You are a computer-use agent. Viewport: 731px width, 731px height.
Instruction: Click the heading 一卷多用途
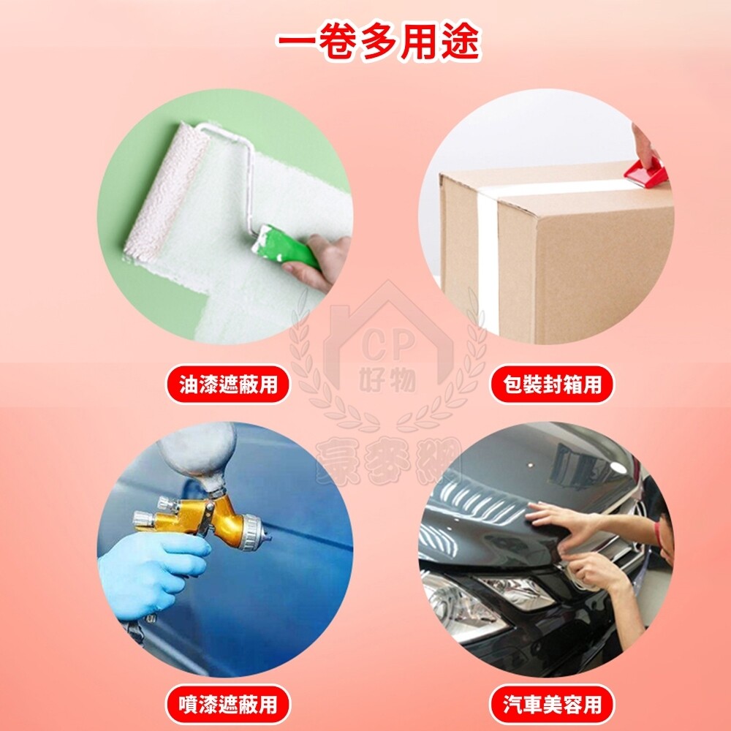click(378, 42)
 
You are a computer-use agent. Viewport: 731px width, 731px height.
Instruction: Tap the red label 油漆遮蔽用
click(228, 385)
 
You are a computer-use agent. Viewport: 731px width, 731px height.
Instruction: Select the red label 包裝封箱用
click(552, 385)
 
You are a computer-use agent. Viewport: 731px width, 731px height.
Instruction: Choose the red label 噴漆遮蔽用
click(228, 704)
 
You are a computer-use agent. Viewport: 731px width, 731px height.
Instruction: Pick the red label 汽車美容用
click(552, 704)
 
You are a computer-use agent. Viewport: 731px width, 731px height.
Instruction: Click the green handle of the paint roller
click(284, 247)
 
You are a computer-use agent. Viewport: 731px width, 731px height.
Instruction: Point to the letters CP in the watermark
click(388, 346)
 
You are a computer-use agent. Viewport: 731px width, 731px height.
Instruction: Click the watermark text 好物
click(388, 379)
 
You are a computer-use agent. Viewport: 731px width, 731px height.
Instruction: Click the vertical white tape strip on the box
click(488, 261)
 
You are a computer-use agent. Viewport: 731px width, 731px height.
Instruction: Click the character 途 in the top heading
click(460, 42)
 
